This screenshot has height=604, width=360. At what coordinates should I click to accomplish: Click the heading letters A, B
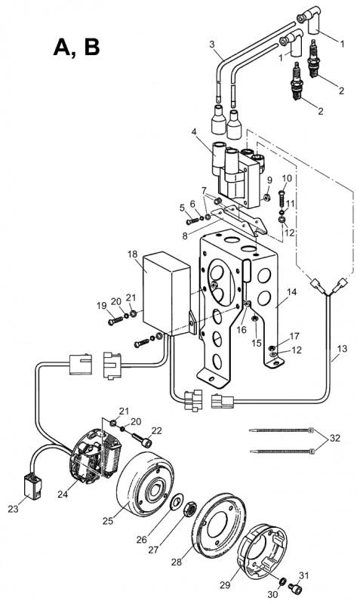(77, 48)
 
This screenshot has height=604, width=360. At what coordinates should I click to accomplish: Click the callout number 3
(212, 45)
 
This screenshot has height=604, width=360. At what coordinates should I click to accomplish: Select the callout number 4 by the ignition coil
(194, 132)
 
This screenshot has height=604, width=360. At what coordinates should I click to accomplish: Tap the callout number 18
(132, 254)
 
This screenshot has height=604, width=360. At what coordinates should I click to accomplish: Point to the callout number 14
(292, 292)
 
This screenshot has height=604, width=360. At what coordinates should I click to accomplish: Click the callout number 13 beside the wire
(342, 349)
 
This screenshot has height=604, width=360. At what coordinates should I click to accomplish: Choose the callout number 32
(335, 439)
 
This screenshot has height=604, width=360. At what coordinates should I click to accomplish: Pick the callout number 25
(108, 521)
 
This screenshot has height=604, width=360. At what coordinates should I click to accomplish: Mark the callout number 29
(225, 584)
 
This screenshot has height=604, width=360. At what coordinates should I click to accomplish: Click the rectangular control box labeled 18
(166, 294)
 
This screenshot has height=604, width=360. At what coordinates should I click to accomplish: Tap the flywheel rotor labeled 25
(145, 485)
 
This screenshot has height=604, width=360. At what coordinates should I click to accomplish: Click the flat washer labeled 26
(177, 501)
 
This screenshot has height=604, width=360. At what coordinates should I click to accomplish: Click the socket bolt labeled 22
(142, 440)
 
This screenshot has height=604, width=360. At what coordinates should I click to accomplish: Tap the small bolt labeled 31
(297, 588)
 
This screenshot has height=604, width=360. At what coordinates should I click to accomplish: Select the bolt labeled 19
(115, 320)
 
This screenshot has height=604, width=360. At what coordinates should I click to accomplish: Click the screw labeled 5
(192, 221)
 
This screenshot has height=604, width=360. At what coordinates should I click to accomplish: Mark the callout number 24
(63, 494)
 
